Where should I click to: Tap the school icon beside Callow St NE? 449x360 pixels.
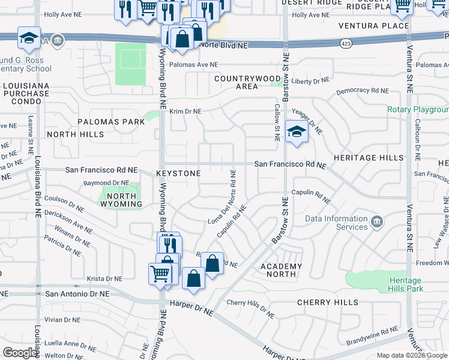coord(296,133)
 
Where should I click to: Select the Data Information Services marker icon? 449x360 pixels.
coord(377,223)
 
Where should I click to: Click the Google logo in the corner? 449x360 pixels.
coord(20,353)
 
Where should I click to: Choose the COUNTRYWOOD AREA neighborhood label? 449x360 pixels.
coord(247,82)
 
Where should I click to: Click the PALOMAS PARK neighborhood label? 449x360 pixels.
coord(111,122)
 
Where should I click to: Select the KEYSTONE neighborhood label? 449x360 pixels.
coord(178,173)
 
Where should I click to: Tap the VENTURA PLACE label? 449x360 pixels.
coord(373,26)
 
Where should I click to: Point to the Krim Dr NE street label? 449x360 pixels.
coord(185,112)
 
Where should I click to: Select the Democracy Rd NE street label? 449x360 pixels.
coord(363,91)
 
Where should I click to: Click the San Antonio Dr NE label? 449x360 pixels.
coord(77,294)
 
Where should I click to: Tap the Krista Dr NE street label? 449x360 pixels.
coord(104,278)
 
